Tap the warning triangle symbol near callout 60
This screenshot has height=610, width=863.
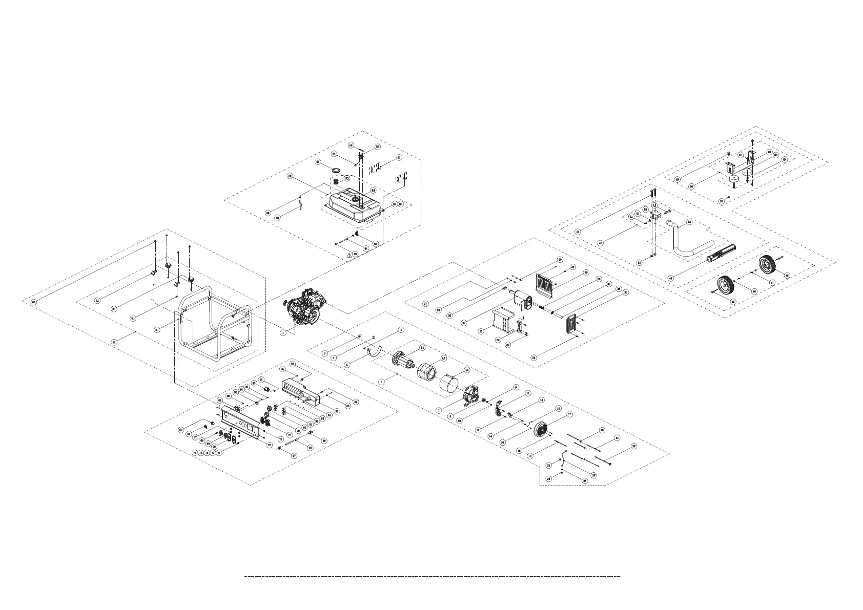pos(349,255)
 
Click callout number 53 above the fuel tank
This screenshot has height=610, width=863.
pos(318,162)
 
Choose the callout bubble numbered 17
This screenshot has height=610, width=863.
pos(570,414)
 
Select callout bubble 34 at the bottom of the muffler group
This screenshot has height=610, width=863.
pos(534,357)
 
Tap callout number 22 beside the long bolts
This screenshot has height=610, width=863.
pos(633,446)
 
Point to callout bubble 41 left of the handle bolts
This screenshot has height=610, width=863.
pos(578,232)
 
